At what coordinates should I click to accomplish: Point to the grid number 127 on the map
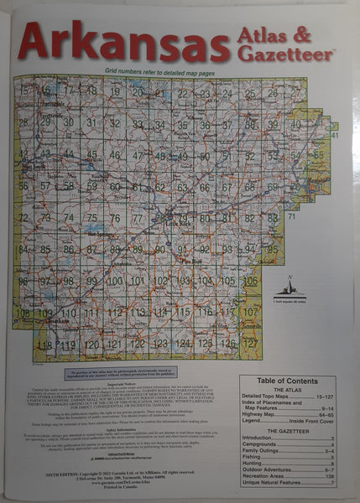(x=250, y=342)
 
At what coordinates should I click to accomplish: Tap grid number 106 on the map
(x=250, y=281)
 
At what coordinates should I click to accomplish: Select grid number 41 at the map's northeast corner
(x=334, y=135)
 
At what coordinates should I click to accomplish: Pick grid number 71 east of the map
(x=291, y=217)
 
